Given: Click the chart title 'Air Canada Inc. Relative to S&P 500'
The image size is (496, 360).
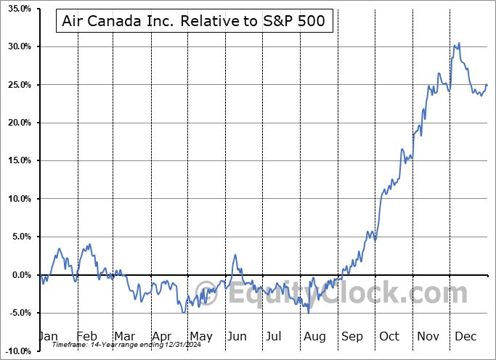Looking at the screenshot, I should point(195,22).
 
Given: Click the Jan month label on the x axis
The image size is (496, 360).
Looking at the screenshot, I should point(48,337).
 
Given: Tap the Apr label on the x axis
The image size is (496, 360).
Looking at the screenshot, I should point(163,337).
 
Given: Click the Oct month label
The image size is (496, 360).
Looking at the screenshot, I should point(389,337).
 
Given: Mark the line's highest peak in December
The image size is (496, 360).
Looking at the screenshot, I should point(458,44).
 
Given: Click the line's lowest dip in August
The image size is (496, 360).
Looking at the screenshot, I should point(309,312).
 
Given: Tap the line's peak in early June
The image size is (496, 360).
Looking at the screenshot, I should point(235,255).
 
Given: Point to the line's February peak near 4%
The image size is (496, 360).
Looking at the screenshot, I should point(89,245).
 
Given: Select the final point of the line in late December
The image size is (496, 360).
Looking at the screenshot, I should point(487,85).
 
